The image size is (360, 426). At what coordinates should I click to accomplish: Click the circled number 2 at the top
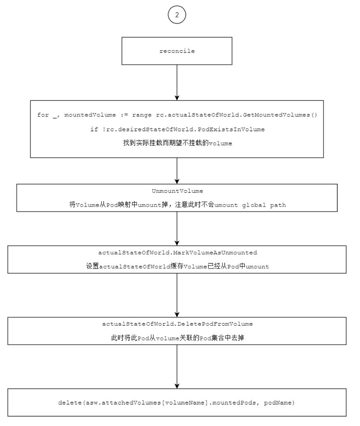click(177, 15)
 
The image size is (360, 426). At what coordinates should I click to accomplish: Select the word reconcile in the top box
click(177, 51)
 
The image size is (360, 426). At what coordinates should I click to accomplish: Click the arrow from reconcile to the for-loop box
click(177, 83)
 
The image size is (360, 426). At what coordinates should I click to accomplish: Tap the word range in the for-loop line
click(142, 115)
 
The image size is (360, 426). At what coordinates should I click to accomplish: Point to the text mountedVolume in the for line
click(90, 115)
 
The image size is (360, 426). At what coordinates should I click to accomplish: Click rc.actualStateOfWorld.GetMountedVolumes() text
click(237, 115)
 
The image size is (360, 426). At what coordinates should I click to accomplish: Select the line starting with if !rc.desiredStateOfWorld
click(178, 129)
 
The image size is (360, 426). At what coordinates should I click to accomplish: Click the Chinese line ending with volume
click(178, 143)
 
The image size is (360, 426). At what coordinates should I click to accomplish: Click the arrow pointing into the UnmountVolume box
click(177, 171)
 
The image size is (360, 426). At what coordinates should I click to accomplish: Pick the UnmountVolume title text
click(177, 191)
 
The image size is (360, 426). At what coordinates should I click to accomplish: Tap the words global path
click(264, 205)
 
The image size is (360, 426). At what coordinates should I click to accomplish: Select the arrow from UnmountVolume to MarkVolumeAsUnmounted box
click(177, 229)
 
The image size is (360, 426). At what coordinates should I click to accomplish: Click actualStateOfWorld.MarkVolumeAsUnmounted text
click(178, 253)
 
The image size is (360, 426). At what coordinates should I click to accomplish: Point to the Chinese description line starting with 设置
click(178, 266)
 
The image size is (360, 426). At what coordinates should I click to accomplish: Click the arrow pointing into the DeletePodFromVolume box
click(177, 296)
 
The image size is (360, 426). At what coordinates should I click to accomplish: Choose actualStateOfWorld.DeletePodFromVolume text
click(177, 324)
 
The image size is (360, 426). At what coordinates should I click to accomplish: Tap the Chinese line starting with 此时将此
click(178, 338)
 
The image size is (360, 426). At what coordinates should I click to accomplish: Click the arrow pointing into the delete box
click(177, 367)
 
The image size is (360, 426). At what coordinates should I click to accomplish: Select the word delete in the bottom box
click(70, 403)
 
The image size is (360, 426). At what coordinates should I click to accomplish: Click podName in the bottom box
click(278, 403)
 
